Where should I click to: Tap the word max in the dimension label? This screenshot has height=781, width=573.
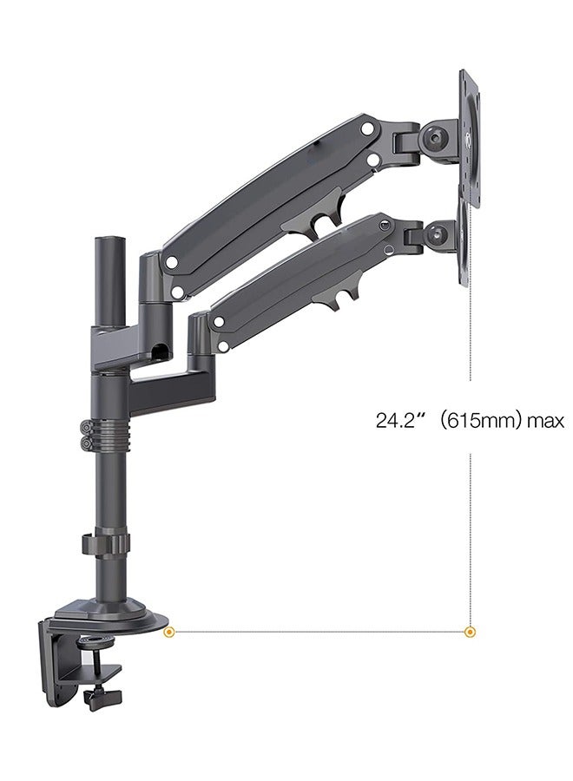click(x=546, y=421)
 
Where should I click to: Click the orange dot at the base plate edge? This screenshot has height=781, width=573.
click(x=169, y=631)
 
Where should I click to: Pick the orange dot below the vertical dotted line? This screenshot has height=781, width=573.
click(x=471, y=631)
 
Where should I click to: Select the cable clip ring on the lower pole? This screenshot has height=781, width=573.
click(x=106, y=545)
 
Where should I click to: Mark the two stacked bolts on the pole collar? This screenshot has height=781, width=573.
click(x=87, y=435)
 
